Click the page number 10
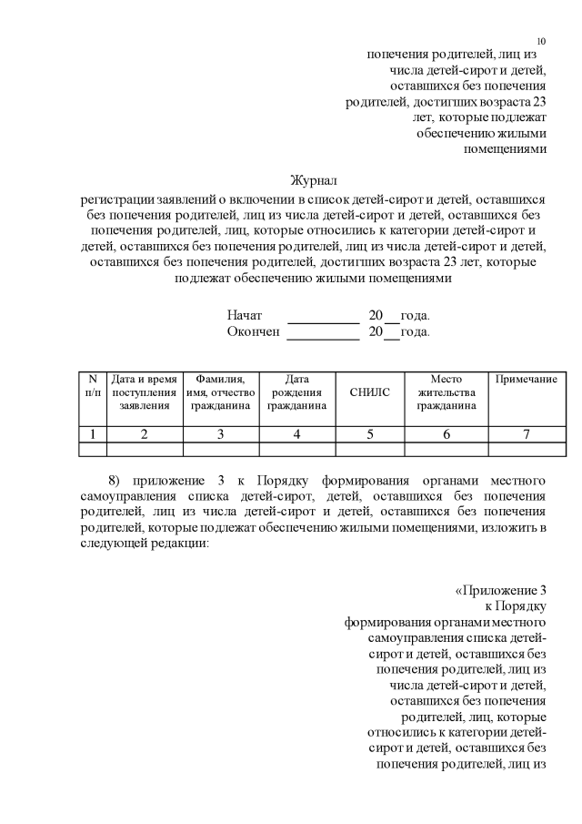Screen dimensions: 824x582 point(541,41)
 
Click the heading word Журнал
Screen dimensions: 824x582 point(313,180)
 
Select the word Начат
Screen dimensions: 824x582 point(245,315)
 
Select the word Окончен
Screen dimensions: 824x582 point(253,332)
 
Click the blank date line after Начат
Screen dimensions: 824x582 point(324,318)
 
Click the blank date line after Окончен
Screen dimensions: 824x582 point(324,335)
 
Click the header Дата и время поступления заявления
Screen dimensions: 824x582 point(145,392)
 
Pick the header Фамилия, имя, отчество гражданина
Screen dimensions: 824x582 point(221,392)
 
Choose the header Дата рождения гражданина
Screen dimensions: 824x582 point(297,392)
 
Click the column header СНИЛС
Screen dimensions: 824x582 point(370,392)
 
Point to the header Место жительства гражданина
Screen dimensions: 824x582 point(447,392)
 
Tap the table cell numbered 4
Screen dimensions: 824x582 point(297,433)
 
